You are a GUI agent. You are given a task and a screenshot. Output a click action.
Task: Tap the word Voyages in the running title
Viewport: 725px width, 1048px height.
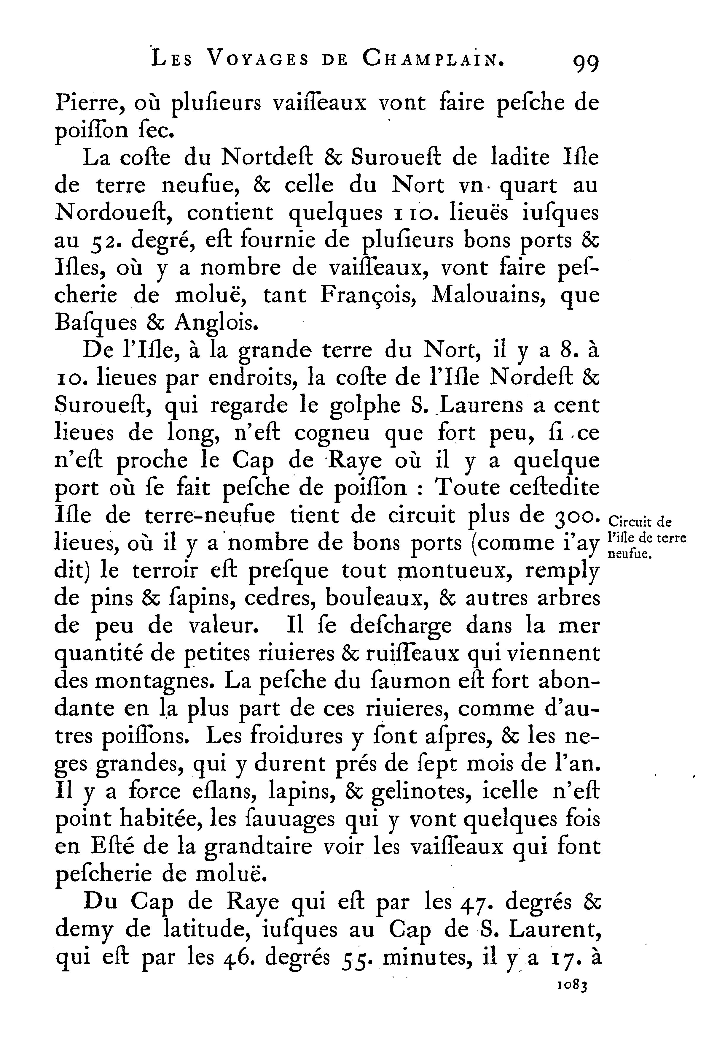click(257, 59)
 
